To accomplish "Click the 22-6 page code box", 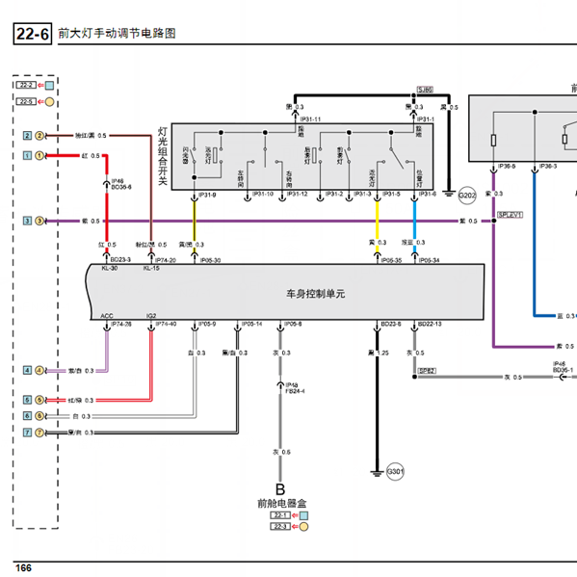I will [x=33, y=35].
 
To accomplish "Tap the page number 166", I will [x=23, y=567].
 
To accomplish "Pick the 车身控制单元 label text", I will [x=314, y=293].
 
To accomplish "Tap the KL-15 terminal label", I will [x=150, y=269].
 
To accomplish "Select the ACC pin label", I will [x=107, y=315].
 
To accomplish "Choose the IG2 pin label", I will [x=150, y=315].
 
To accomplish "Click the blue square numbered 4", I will [x=27, y=370].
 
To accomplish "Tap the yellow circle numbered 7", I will [x=40, y=433].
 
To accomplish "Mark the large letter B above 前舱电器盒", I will [x=280, y=489].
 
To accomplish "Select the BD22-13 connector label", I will [x=430, y=324].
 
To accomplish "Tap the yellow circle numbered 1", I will [x=40, y=155].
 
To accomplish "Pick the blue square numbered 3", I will [x=27, y=221].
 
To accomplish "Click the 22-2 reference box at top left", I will [x=26, y=85].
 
